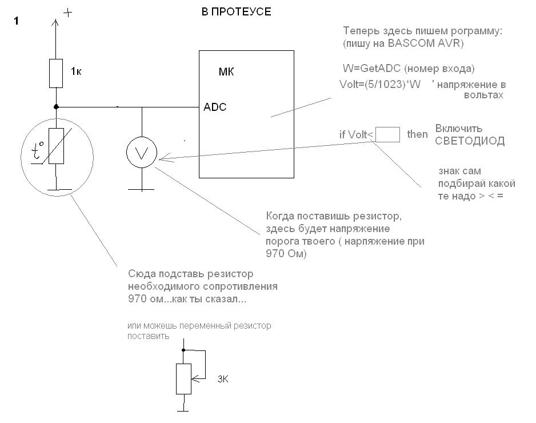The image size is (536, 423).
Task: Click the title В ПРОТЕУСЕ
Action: pyautogui.click(x=236, y=12)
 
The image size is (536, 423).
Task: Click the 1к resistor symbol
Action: pyautogui.click(x=56, y=73)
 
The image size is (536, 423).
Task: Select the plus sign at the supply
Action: pyautogui.click(x=67, y=13)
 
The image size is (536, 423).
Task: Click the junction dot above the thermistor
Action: pyautogui.click(x=56, y=106)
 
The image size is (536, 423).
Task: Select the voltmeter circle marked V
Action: pyautogui.click(x=141, y=153)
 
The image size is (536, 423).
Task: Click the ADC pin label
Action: pyautogui.click(x=215, y=107)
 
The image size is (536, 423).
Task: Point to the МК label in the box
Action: pyautogui.click(x=226, y=72)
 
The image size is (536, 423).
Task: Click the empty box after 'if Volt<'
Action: pyautogui.click(x=387, y=134)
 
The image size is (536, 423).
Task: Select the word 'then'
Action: pyautogui.click(x=417, y=134)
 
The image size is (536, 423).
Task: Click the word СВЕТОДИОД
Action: pyautogui.click(x=470, y=141)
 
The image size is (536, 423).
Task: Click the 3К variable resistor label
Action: pyautogui.click(x=224, y=380)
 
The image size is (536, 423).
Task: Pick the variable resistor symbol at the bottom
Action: pyautogui.click(x=183, y=378)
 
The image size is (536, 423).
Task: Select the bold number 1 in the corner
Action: pyautogui.click(x=16, y=21)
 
